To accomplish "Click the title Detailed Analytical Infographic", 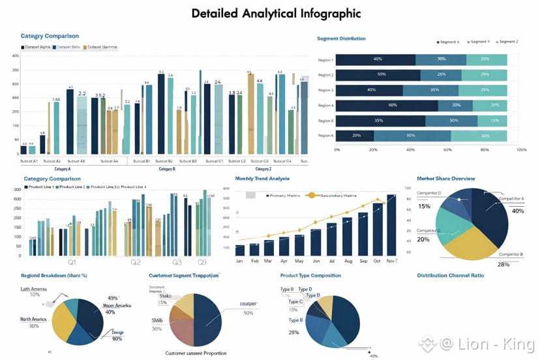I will [276, 13].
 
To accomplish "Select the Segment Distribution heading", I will [341, 39].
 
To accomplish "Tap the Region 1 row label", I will [325, 60].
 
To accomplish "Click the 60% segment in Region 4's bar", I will [393, 105].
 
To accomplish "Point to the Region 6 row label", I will [325, 135].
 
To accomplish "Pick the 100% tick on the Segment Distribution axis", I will [521, 149].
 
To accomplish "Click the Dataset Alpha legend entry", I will [37, 47].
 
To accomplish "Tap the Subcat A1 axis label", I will [29, 160].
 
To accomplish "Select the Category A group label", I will [63, 169].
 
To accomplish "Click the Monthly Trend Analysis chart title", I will [262, 178].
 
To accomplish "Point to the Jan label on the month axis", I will [239, 261].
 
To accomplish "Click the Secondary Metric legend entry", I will [332, 195].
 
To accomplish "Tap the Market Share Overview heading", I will [445, 178].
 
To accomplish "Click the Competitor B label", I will [512, 254].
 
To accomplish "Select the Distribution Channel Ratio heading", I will [450, 275].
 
